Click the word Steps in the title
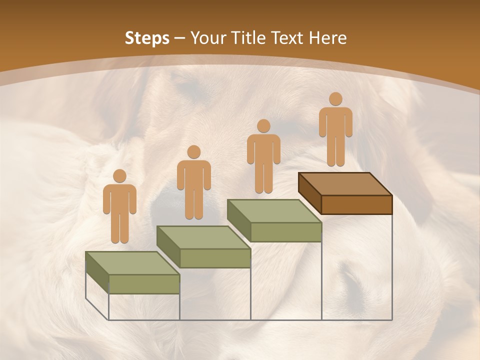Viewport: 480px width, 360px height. (x=147, y=38)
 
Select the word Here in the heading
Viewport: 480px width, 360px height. (x=327, y=38)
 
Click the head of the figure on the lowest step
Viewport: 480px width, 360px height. (x=119, y=176)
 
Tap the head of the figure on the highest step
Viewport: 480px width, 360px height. (x=335, y=99)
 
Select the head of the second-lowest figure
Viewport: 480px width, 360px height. (x=193, y=152)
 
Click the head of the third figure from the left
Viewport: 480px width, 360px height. (x=263, y=126)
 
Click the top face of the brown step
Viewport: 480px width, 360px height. (x=345, y=184)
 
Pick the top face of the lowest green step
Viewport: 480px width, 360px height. (x=132, y=263)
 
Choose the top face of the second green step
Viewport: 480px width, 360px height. (x=203, y=237)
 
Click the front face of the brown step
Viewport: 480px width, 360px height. (x=356, y=204)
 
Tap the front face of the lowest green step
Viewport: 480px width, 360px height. (x=144, y=284)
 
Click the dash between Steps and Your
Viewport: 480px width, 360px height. (x=180, y=38)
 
